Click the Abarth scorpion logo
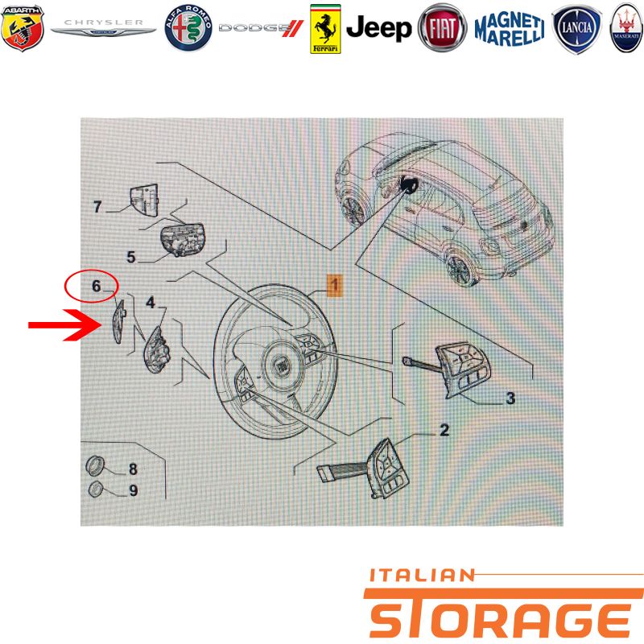pyautogui.click(x=23, y=28)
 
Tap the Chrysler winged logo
pyautogui.click(x=104, y=28)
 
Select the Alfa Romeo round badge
pyautogui.click(x=188, y=28)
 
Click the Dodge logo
pyautogui.click(x=261, y=28)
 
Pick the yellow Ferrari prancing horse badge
pyautogui.click(x=325, y=29)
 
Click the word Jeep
pyautogui.click(x=378, y=28)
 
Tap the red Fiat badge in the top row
pyautogui.click(x=442, y=28)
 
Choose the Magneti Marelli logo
pyautogui.click(x=510, y=29)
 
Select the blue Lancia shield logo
pyautogui.click(x=576, y=29)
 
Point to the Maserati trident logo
pyautogui.click(x=626, y=28)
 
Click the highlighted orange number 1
pyautogui.click(x=335, y=285)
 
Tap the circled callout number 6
pyautogui.click(x=96, y=286)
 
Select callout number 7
pyautogui.click(x=97, y=207)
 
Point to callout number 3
pyautogui.click(x=510, y=398)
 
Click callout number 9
pyautogui.click(x=134, y=490)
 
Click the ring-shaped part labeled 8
pyautogui.click(x=94, y=466)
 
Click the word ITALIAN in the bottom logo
pyautogui.click(x=422, y=576)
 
